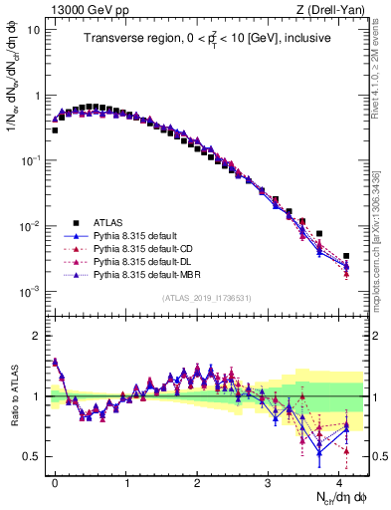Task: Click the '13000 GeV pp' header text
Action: click(x=83, y=10)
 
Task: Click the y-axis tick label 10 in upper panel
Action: click(x=33, y=29)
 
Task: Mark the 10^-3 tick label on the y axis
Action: click(x=30, y=291)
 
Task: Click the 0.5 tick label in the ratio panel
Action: click(x=32, y=456)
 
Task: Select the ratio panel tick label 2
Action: click(x=37, y=336)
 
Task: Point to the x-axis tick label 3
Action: click(x=269, y=481)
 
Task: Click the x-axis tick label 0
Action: click(x=55, y=481)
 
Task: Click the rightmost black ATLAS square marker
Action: click(x=346, y=256)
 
